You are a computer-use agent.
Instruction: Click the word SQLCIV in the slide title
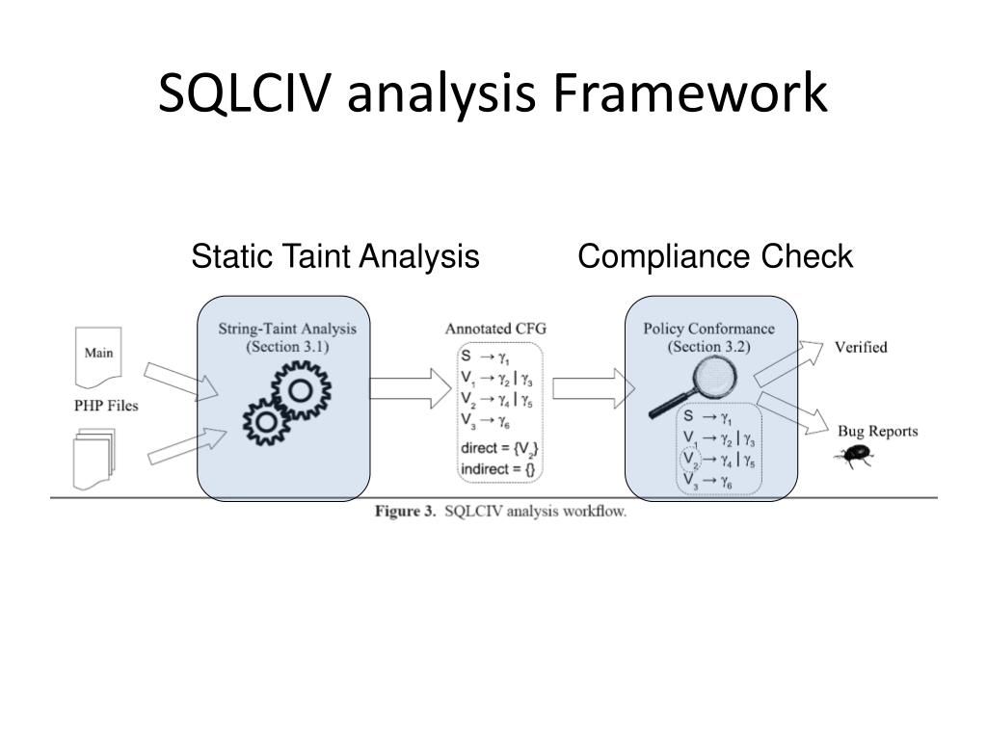(x=244, y=93)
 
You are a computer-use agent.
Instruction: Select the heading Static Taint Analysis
(x=335, y=256)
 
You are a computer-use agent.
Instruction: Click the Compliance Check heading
(x=715, y=256)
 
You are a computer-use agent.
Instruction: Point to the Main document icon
(x=98, y=357)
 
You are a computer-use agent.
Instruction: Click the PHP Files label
(x=106, y=406)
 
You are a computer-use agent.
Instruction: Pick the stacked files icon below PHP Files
(x=94, y=460)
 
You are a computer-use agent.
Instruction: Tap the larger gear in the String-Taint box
(x=301, y=390)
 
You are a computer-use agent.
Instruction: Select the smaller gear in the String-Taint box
(x=266, y=421)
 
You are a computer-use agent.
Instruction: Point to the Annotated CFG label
(x=495, y=329)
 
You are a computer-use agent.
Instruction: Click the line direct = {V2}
(x=499, y=449)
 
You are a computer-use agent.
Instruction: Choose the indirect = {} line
(x=497, y=469)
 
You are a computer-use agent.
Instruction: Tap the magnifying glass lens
(x=714, y=377)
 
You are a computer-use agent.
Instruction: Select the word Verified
(x=861, y=347)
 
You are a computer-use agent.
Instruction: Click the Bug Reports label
(x=877, y=432)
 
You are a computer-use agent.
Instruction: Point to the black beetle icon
(x=854, y=456)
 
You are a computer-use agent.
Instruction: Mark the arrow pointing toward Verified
(x=788, y=363)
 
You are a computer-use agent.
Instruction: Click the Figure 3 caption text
(x=500, y=511)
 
